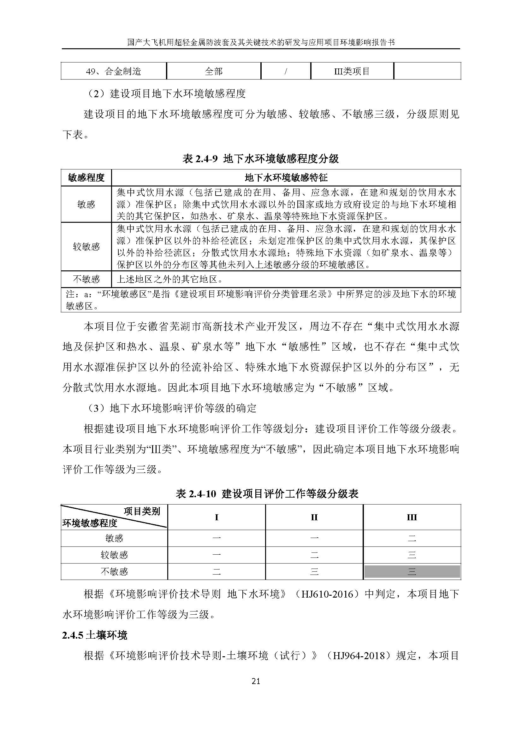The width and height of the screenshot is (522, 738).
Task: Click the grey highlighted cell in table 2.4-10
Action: (412, 571)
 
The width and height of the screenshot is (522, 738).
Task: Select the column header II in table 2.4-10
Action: (314, 517)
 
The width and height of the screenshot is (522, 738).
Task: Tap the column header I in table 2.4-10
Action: (216, 517)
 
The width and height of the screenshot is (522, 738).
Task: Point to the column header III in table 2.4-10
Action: (412, 517)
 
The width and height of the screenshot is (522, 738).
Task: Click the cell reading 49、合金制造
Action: (114, 71)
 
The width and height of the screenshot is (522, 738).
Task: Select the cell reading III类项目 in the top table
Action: (352, 71)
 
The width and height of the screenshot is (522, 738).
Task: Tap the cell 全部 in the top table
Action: (213, 71)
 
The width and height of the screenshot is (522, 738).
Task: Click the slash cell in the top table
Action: (285, 71)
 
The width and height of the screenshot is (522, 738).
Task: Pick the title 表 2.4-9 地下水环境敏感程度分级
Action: (261, 158)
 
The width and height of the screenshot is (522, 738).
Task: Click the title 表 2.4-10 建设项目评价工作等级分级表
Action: (267, 494)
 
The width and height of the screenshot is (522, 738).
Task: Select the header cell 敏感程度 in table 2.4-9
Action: (86, 177)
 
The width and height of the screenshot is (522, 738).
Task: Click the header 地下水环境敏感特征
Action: (286, 177)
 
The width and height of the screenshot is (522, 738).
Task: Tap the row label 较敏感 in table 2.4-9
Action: (86, 246)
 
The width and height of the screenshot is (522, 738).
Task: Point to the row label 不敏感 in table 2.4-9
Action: (86, 279)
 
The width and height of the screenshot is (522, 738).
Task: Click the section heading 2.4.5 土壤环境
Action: (95, 635)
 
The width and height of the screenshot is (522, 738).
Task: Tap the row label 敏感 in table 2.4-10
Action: (114, 538)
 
